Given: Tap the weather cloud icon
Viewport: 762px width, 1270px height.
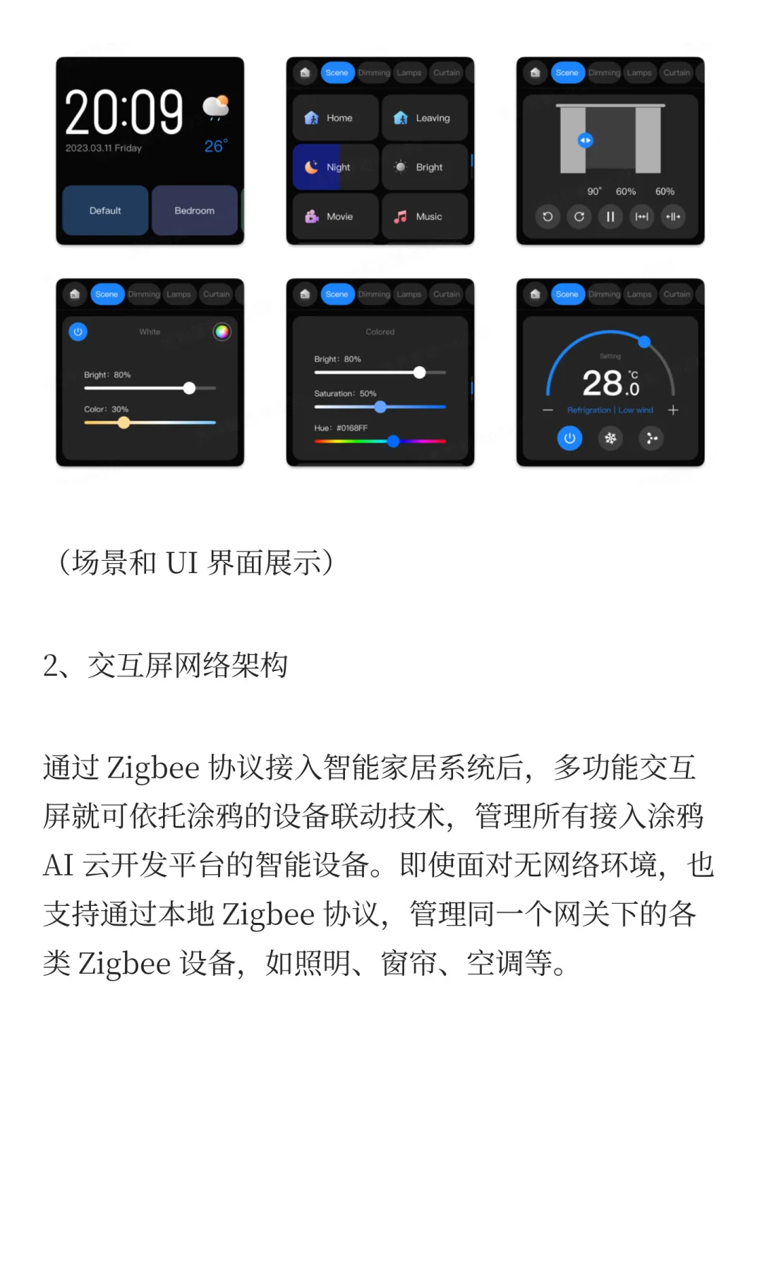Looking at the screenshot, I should (x=216, y=107).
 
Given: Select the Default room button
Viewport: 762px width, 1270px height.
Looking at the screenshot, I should (x=105, y=210).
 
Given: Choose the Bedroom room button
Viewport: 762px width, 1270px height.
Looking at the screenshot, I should (x=194, y=210).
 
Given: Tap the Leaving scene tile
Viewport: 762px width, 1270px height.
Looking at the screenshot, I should (x=424, y=118).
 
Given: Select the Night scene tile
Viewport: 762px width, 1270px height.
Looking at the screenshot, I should (x=335, y=167).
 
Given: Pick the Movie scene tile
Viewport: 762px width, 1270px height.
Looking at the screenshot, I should (x=335, y=217).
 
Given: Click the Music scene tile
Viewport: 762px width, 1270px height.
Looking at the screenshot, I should (x=424, y=217).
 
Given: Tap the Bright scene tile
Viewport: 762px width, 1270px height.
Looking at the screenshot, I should (x=424, y=167).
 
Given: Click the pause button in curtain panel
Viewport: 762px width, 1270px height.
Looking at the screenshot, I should (x=610, y=217).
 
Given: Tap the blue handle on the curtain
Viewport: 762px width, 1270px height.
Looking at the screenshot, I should (x=585, y=140).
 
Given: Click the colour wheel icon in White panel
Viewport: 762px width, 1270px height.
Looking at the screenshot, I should (x=222, y=332).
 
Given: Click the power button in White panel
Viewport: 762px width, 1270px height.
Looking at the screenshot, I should (x=78, y=332).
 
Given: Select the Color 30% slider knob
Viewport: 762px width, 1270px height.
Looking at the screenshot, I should (x=124, y=423).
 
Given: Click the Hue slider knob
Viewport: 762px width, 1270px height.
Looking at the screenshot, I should (x=394, y=441).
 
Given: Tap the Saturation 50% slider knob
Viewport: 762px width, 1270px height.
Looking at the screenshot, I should (x=380, y=407).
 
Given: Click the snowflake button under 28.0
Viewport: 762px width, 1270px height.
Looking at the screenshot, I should (x=610, y=438).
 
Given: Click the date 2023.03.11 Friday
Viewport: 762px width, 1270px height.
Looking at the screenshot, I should (x=104, y=148).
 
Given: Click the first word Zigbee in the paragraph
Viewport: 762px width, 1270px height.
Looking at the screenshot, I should (x=153, y=768).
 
